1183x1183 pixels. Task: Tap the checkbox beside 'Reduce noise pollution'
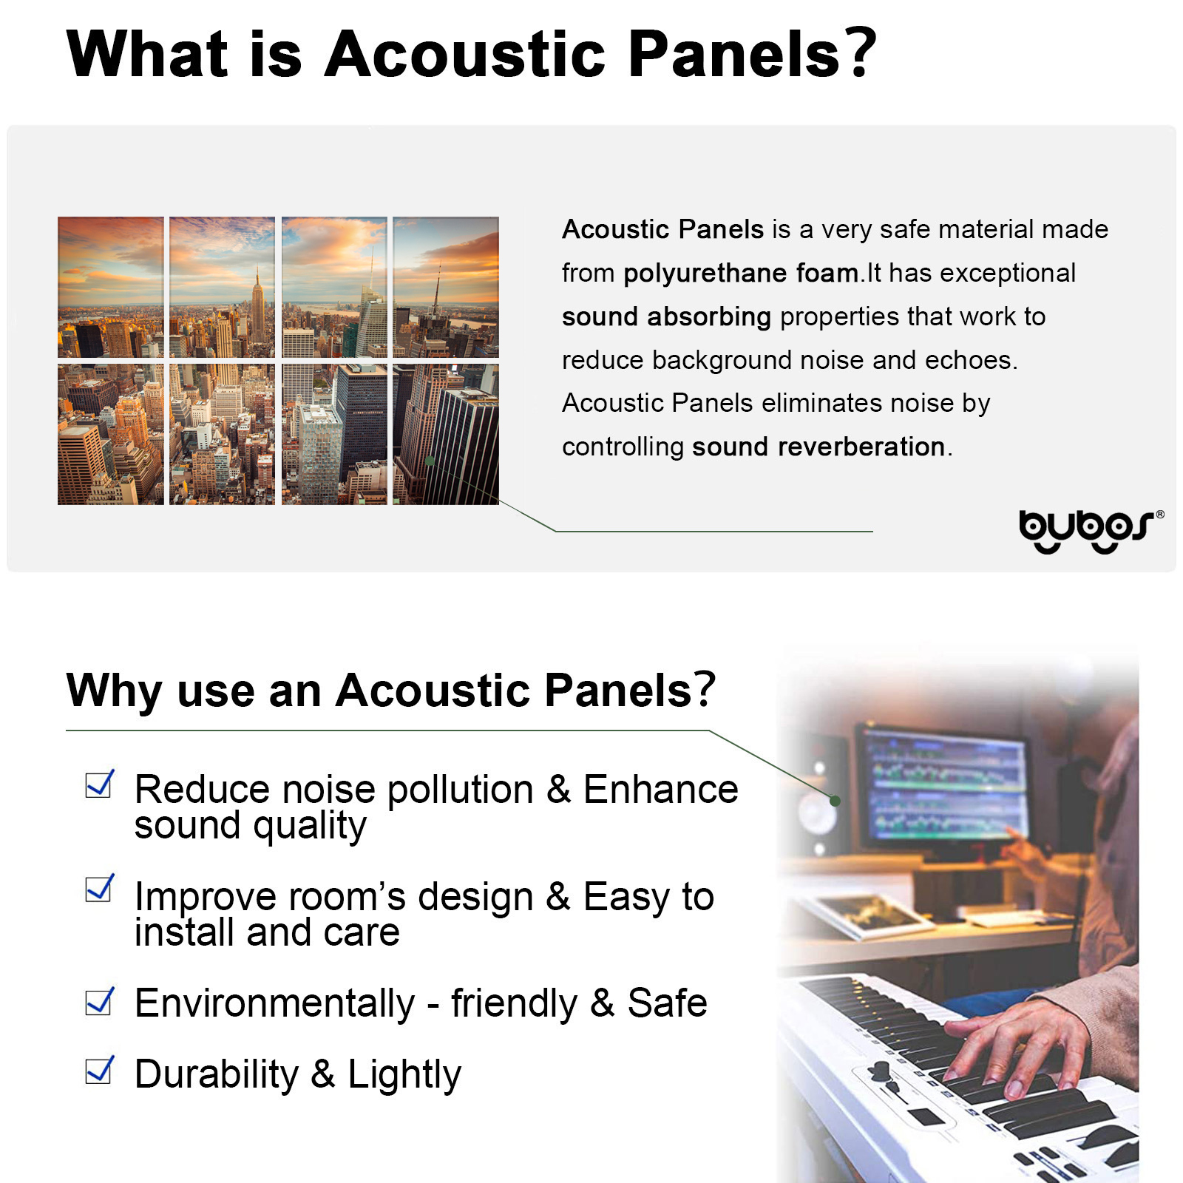[100, 784]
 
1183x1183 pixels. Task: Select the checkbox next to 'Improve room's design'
[100, 888]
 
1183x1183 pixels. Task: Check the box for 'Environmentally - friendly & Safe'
[100, 1002]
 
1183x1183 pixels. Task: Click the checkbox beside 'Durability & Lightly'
[100, 1070]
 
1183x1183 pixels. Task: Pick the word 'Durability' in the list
[217, 1074]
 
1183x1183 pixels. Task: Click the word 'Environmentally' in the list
[275, 1004]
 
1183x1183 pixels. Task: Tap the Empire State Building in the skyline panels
[257, 311]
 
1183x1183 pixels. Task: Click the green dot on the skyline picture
[430, 461]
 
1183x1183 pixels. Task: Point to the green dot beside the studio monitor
[835, 801]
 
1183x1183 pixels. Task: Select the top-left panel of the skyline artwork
[111, 287]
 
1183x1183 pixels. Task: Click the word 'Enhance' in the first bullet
[660, 790]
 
